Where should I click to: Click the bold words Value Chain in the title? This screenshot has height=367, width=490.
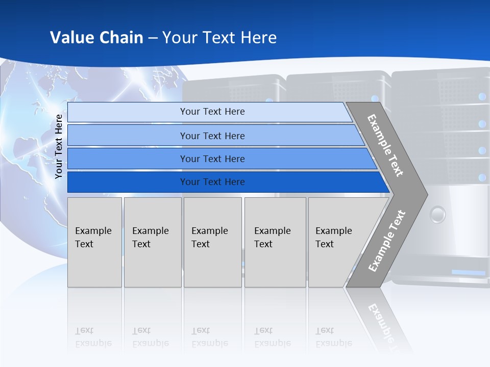96,38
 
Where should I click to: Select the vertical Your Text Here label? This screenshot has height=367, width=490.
59,146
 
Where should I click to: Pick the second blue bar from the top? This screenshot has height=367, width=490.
212,136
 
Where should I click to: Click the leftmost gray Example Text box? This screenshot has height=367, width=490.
94,242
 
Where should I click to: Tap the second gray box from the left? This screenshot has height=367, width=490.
153,242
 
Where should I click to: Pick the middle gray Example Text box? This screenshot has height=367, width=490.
212,242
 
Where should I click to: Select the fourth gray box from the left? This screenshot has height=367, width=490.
275,242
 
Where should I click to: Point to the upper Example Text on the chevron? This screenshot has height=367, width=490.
385,145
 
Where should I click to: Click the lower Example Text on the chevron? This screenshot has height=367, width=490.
387,241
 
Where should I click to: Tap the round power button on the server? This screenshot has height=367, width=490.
437,215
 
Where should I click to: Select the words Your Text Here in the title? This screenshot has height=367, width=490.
219,38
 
